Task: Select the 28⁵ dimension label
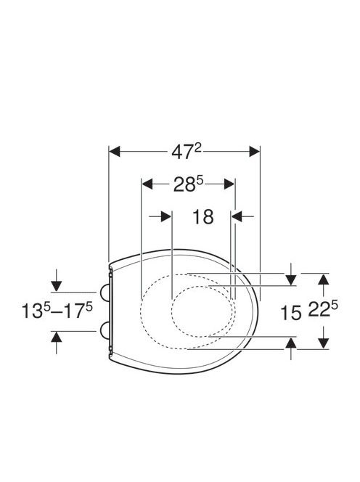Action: pyautogui.click(x=189, y=184)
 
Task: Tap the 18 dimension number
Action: pyautogui.click(x=203, y=217)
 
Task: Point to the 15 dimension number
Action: pyautogui.click(x=290, y=314)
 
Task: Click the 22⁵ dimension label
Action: pyautogui.click(x=323, y=310)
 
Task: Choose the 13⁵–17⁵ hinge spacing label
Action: pyautogui.click(x=57, y=311)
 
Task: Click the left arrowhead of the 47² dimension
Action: pyautogui.click(x=115, y=151)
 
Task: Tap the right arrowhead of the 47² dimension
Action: pyautogui.click(x=255, y=151)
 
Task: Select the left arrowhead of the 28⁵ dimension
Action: pyautogui.click(x=147, y=184)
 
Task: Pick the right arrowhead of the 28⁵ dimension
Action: pyautogui.click(x=229, y=184)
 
